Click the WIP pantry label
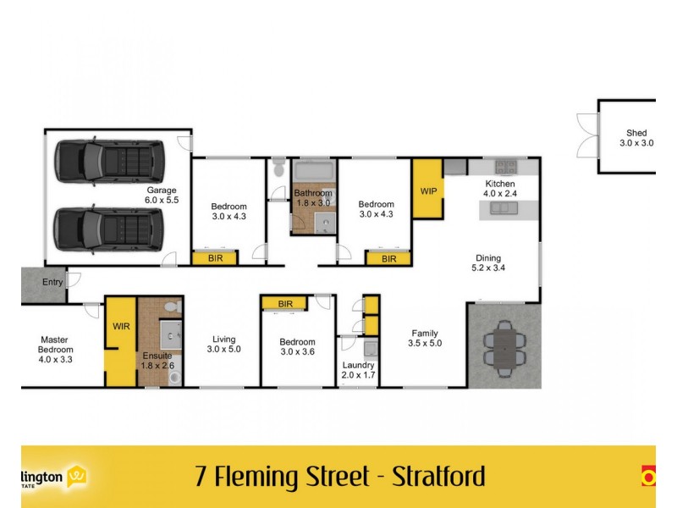point(428,191)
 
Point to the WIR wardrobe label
point(120,326)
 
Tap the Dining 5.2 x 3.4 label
point(488,263)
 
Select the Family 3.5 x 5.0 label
point(425,338)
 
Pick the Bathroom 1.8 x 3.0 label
point(313,198)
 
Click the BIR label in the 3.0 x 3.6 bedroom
point(284,304)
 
